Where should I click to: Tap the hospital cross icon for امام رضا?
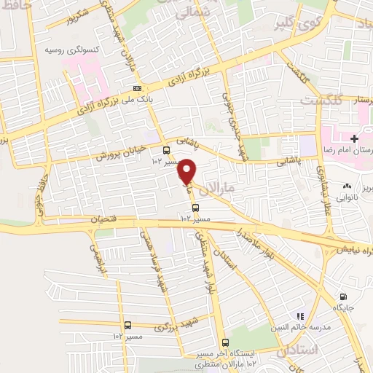click(x=354, y=138)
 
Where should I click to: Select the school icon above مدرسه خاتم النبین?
click(x=299, y=316)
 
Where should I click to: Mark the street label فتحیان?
click(x=104, y=218)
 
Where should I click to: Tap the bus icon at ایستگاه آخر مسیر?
click(x=224, y=342)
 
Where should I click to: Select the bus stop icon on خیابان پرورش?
click(x=167, y=151)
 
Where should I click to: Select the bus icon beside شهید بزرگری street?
click(x=128, y=326)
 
